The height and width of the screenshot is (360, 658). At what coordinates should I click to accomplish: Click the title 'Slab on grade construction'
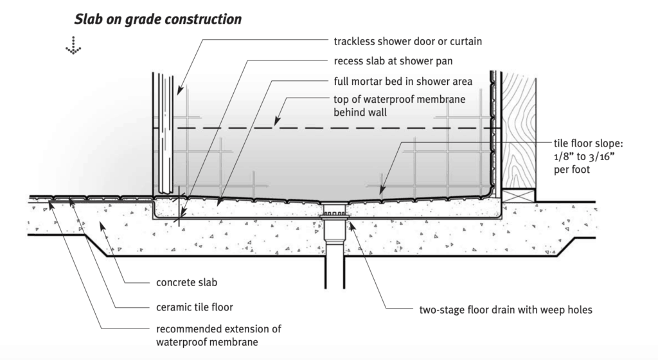158,19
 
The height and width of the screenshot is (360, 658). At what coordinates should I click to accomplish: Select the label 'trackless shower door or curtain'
407,42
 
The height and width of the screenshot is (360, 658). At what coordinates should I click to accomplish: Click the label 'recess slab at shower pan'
393,62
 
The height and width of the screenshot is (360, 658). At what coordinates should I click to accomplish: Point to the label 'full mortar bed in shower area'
403,82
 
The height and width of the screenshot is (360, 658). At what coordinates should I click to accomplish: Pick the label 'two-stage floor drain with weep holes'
504,310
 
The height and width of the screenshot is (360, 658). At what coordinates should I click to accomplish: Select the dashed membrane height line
334,129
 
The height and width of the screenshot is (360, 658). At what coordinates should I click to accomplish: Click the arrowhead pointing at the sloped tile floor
382,190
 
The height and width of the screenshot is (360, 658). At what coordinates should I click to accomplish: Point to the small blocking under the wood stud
518,195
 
